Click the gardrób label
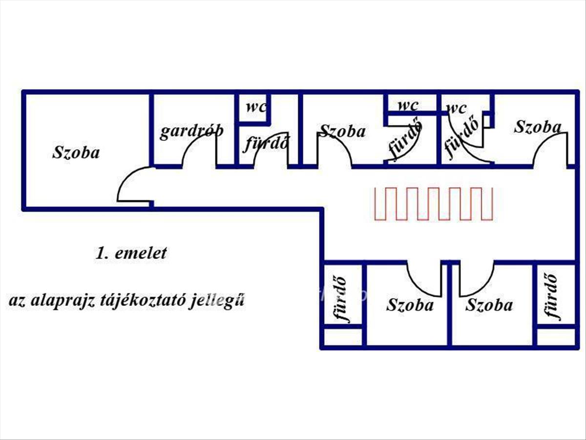[191, 131]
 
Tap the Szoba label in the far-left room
[76, 152]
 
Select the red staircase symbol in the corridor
[433, 203]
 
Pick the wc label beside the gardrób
[255, 107]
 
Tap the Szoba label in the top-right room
[537, 127]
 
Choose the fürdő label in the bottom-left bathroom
[343, 299]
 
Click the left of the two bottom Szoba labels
[410, 305]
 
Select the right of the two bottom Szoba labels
[489, 305]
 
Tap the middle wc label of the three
[408, 105]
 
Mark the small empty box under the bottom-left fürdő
[343, 337]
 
